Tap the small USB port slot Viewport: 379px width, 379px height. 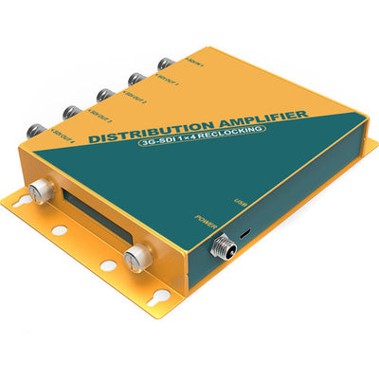click(x=247, y=230)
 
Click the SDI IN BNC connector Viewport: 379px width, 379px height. click(x=163, y=64)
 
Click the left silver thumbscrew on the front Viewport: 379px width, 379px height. click(x=41, y=190)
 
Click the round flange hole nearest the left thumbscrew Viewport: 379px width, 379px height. click(x=58, y=230)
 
